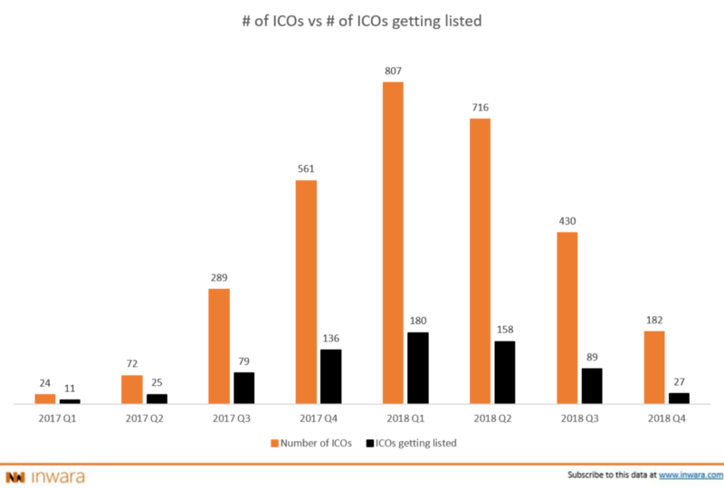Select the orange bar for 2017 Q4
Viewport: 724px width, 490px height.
(x=306, y=291)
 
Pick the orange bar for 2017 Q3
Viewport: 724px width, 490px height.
(x=219, y=345)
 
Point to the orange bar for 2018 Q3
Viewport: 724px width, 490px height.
(x=567, y=317)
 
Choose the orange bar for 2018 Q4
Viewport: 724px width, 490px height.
(x=653, y=367)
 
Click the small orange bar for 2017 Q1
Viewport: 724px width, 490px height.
(x=45, y=398)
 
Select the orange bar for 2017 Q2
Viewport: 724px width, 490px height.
(x=132, y=389)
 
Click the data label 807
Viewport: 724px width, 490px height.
(x=393, y=70)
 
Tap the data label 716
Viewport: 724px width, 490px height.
(x=480, y=108)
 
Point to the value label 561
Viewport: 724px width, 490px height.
(x=306, y=168)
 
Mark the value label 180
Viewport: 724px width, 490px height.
(x=417, y=321)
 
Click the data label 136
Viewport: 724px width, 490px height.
(x=330, y=340)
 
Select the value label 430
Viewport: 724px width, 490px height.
(x=567, y=220)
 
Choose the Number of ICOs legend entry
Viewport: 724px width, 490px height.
(x=308, y=443)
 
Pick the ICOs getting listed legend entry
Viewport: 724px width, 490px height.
(x=416, y=443)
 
